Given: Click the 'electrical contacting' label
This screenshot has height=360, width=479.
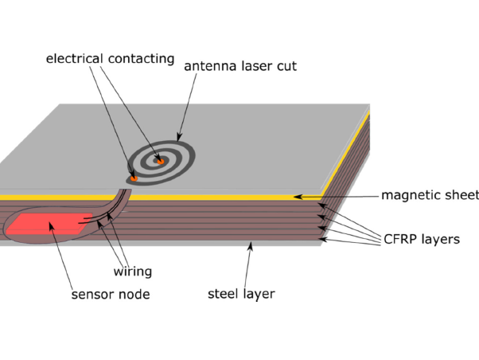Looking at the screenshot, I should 109,58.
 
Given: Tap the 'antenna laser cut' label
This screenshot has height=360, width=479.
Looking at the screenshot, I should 240,66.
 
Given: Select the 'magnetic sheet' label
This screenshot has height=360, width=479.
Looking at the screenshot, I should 430,195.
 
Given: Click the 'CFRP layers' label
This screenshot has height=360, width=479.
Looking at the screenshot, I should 422,238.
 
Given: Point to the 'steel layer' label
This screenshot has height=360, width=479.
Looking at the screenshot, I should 241,294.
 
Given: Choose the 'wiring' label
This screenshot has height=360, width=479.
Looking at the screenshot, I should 132,272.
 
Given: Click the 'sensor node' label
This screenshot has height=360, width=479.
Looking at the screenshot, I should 110,294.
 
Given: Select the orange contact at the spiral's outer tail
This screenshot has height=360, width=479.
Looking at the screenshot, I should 134,178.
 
